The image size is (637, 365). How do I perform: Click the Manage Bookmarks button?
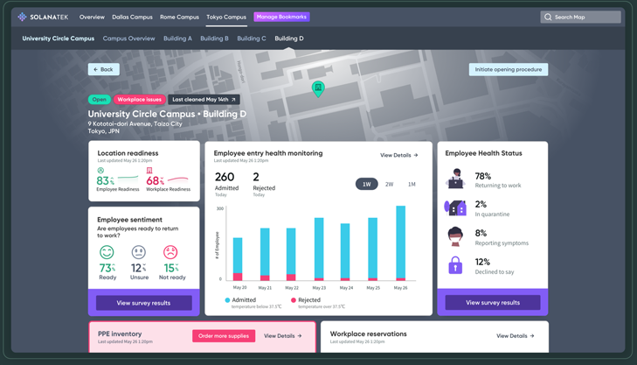pyautogui.click(x=281, y=17)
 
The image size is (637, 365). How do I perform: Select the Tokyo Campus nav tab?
pyautogui.click(x=226, y=17)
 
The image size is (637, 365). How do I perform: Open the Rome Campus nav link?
pyautogui.click(x=179, y=17)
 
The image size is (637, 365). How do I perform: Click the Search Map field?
pyautogui.click(x=580, y=17)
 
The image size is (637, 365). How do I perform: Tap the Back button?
pyautogui.click(x=103, y=69)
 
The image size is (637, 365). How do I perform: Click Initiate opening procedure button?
pyautogui.click(x=508, y=69)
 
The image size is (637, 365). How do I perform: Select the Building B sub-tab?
pyautogui.click(x=214, y=39)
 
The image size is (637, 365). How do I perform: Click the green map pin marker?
pyautogui.click(x=318, y=88)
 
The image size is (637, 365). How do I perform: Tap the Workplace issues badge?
pyautogui.click(x=140, y=100)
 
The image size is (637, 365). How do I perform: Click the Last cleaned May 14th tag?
pyautogui.click(x=204, y=100)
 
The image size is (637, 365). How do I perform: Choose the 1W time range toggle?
pyautogui.click(x=366, y=184)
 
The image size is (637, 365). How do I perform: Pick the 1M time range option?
pyautogui.click(x=412, y=184)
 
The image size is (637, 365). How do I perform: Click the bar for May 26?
pyautogui.click(x=400, y=243)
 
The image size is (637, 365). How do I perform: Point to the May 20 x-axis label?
pyautogui.click(x=239, y=287)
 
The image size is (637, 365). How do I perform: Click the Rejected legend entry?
pyautogui.click(x=308, y=300)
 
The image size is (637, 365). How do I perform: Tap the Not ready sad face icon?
pyautogui.click(x=170, y=252)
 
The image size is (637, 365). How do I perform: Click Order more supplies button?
pyautogui.click(x=224, y=336)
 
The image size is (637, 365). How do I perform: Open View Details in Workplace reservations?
pyautogui.click(x=515, y=336)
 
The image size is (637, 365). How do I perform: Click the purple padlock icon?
pyautogui.click(x=455, y=265)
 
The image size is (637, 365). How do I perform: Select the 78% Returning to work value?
pyautogui.click(x=482, y=177)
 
